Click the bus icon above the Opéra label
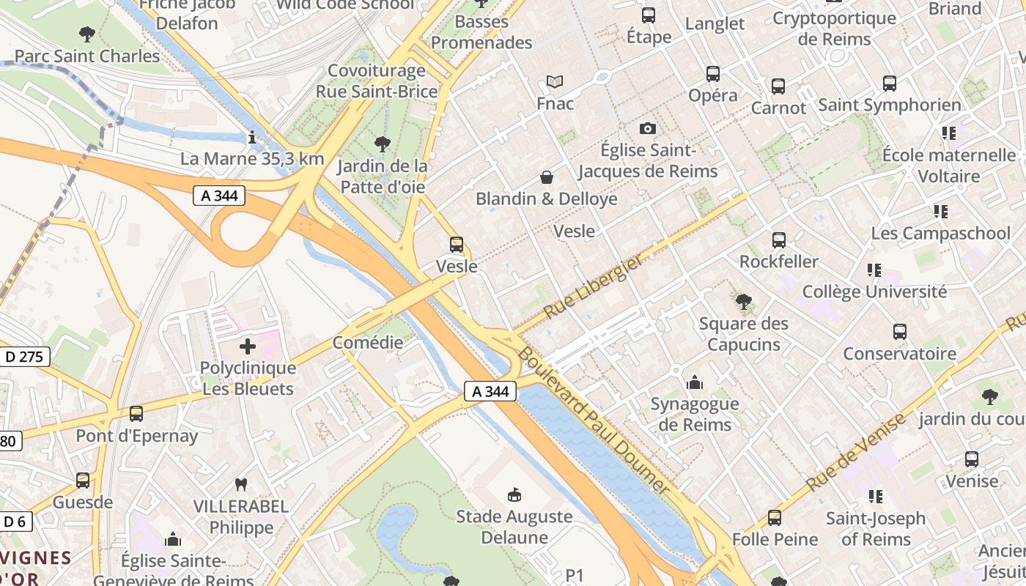click(712, 73)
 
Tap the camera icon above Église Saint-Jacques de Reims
click(647, 128)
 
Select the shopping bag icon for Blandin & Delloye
click(546, 177)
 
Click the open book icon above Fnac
click(555, 82)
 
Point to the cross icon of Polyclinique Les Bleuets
click(248, 346)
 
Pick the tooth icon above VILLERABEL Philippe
click(240, 484)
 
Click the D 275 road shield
click(23, 357)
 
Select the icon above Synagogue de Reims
click(694, 382)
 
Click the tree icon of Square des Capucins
click(743, 301)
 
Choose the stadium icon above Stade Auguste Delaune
click(514, 495)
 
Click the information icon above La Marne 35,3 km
click(252, 137)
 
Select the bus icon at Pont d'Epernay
click(136, 414)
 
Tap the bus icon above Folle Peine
click(775, 518)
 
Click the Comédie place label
click(368, 342)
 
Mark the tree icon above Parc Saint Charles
click(86, 34)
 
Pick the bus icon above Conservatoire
click(899, 332)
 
